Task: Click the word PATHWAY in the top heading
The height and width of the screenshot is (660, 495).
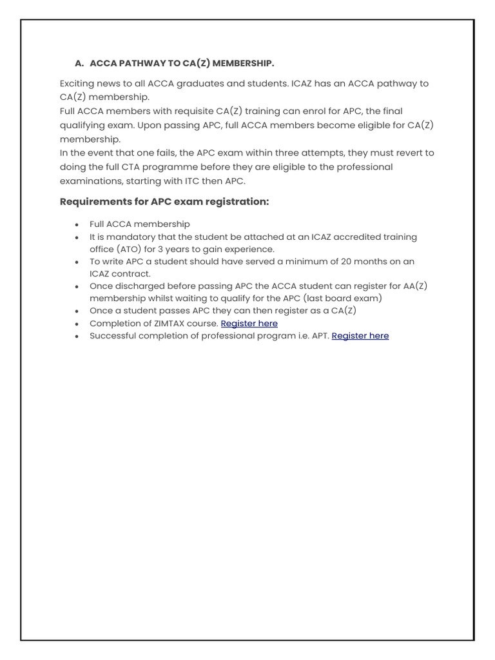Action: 137,63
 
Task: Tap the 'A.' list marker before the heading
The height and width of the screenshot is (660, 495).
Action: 80,63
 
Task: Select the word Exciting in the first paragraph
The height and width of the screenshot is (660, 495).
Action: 79,84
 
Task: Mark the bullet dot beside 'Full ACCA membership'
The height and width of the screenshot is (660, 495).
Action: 77,225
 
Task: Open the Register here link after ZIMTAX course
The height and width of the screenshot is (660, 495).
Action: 249,324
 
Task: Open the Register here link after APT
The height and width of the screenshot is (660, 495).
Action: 360,336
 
